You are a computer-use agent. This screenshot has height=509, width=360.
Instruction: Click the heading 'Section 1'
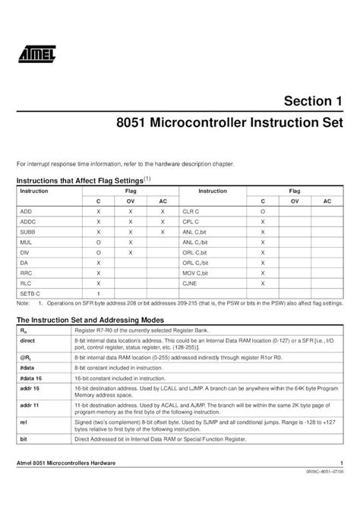pyautogui.click(x=312, y=101)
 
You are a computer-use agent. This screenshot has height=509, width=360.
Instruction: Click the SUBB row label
pyautogui.click(x=27, y=230)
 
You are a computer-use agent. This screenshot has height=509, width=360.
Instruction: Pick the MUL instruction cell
pyautogui.click(x=25, y=241)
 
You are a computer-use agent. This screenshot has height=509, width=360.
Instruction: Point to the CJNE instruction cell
pyautogui.click(x=190, y=282)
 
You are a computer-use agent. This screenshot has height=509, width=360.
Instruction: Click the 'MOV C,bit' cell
pyautogui.click(x=195, y=271)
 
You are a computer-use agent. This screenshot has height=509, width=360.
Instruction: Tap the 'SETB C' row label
pyautogui.click(x=30, y=292)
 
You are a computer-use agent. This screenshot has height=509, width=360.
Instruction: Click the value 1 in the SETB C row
pyautogui.click(x=99, y=292)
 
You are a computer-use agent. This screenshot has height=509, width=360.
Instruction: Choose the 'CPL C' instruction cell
pyautogui.click(x=191, y=220)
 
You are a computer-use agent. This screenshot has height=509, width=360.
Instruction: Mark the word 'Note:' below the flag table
pyautogui.click(x=23, y=302)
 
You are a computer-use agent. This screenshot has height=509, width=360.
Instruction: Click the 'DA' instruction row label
pyautogui.click(x=24, y=261)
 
